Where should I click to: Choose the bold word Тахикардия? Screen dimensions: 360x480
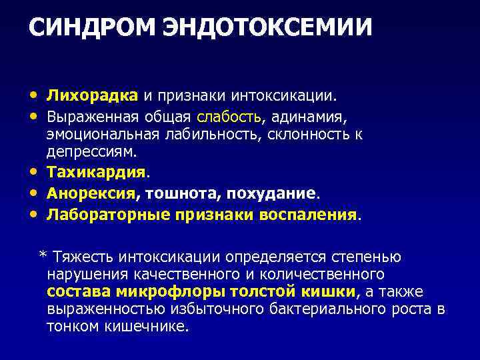pos(96,172)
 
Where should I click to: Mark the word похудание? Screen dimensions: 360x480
pos(271,193)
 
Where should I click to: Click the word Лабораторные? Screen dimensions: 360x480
pos(109,215)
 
